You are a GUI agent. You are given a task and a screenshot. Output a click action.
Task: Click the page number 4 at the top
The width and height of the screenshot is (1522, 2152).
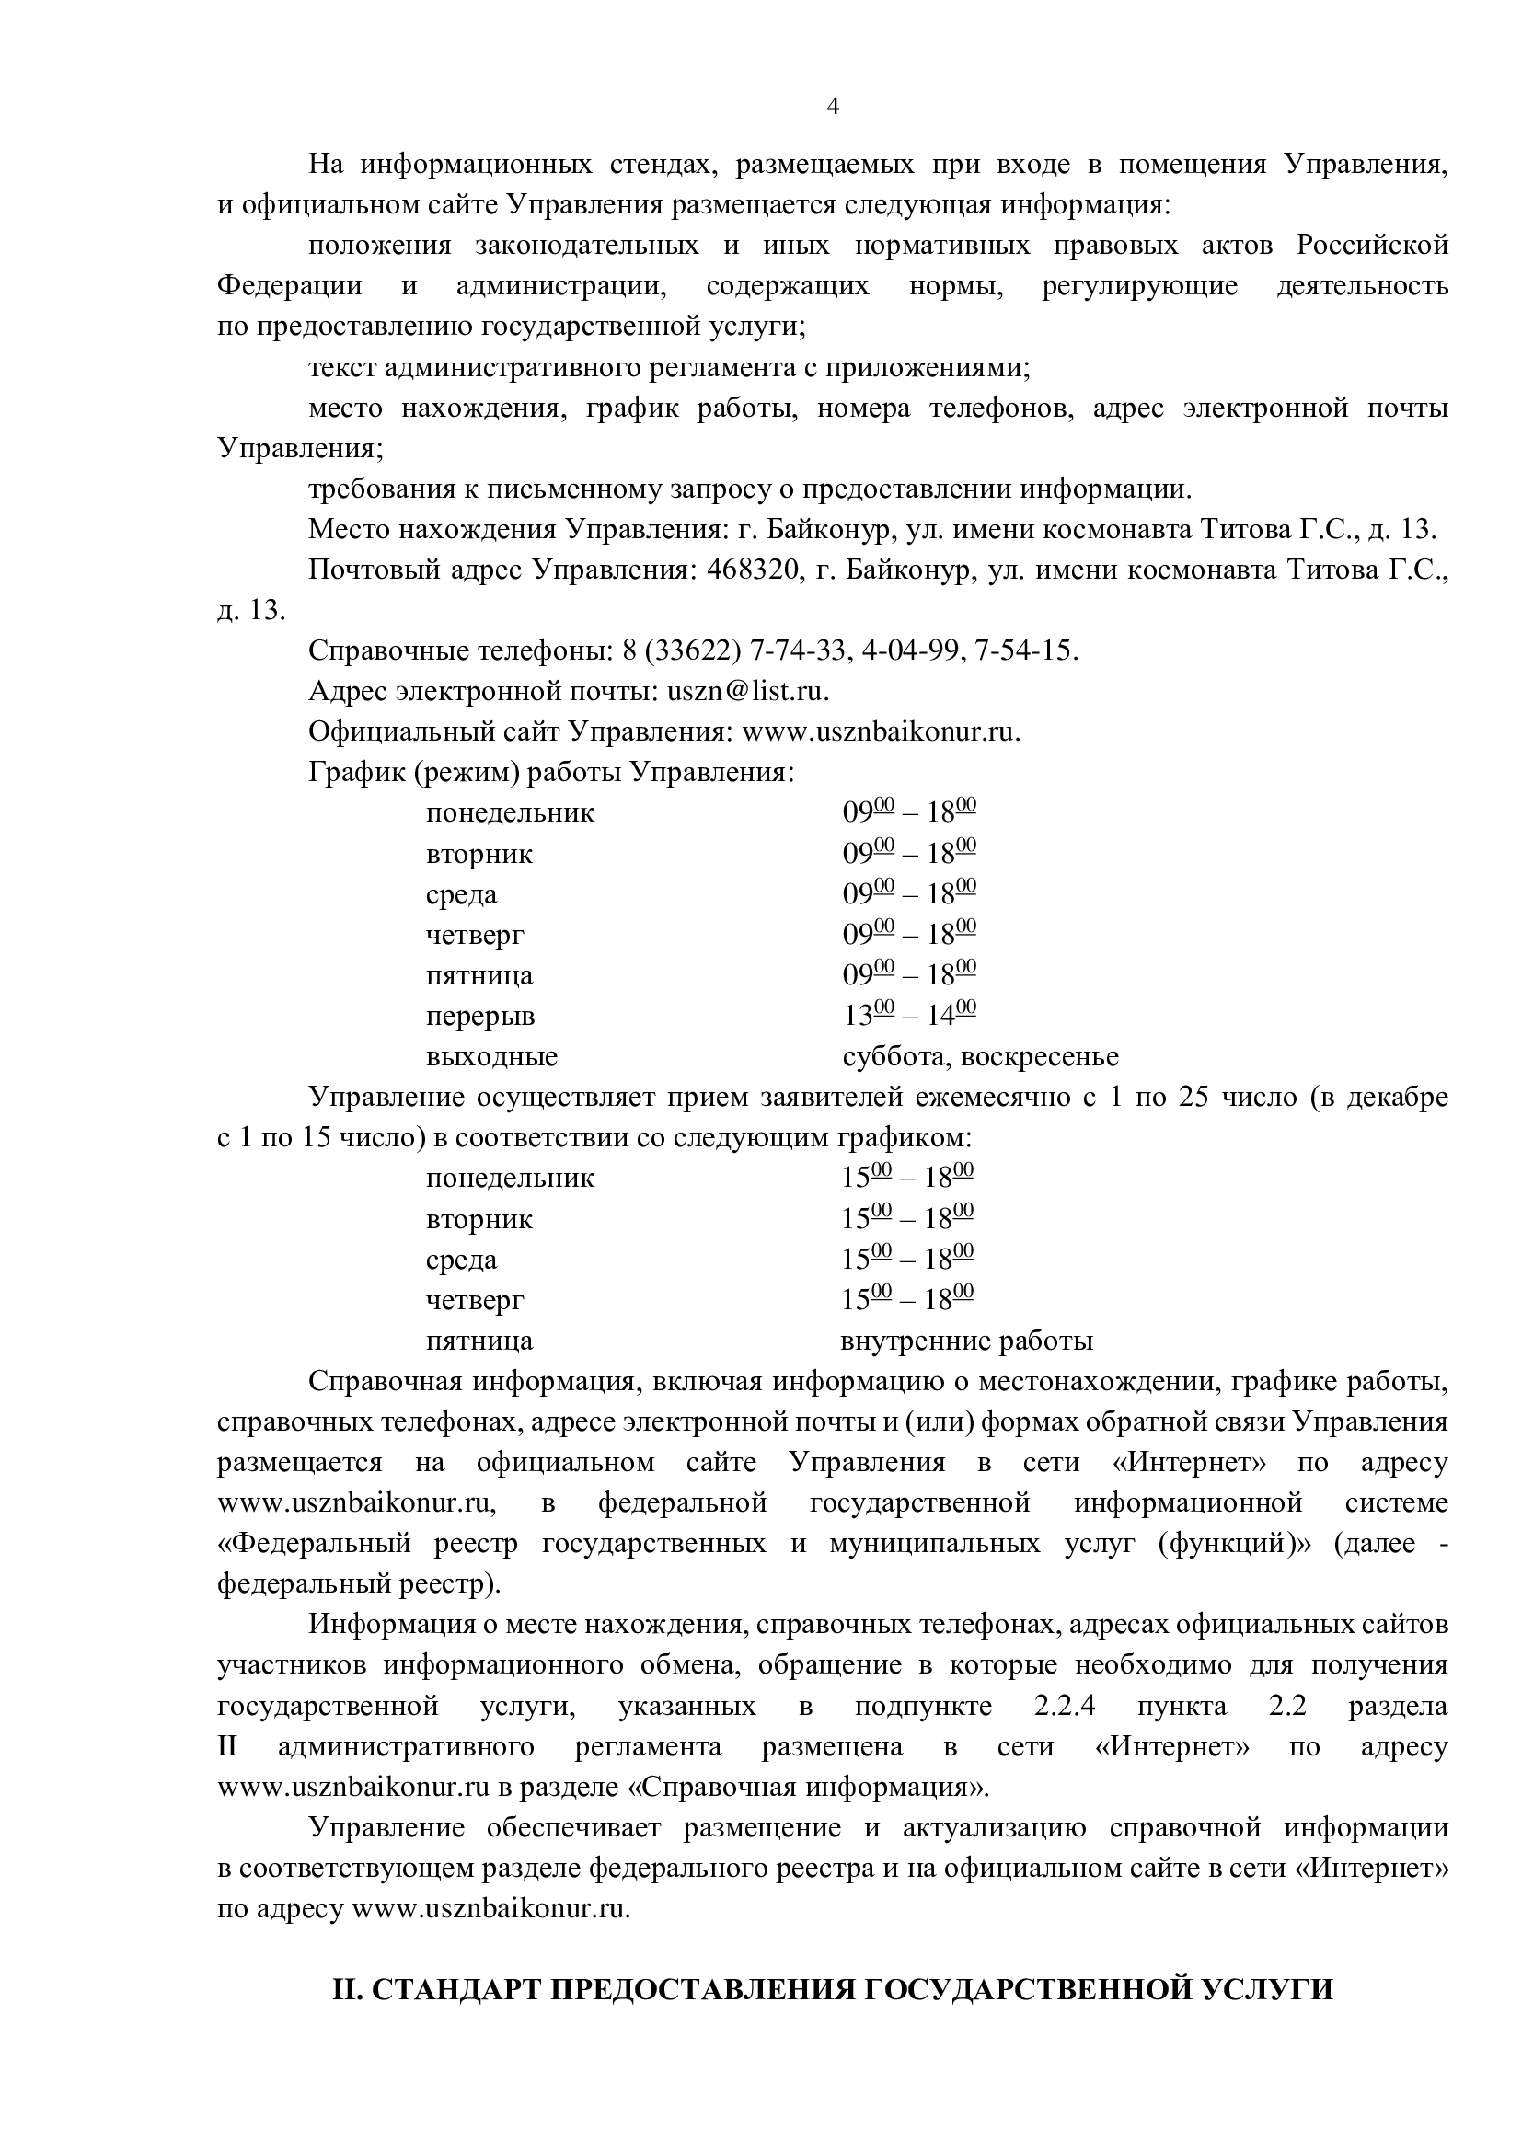tap(832, 106)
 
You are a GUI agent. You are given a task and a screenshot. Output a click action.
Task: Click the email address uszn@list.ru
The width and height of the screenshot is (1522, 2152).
tap(747, 692)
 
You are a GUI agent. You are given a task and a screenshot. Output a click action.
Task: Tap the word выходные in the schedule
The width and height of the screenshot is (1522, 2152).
tap(491, 1057)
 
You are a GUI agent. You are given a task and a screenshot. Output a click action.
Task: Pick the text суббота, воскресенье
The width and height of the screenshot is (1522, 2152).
tap(980, 1057)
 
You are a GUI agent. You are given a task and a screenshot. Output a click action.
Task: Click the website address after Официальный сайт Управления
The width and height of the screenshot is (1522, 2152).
tap(880, 732)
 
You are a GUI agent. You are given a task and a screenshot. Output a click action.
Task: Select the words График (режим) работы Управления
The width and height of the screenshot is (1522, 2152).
tap(551, 772)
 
